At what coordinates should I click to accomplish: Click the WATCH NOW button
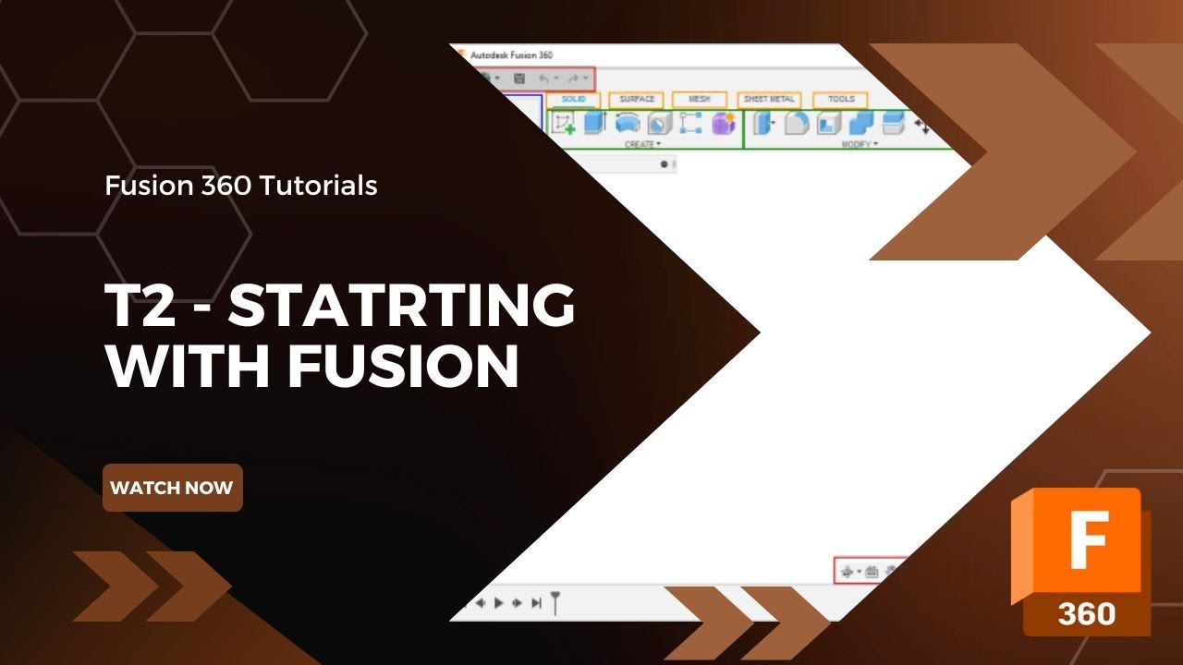coord(172,488)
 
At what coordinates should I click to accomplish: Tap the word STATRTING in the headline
coord(402,307)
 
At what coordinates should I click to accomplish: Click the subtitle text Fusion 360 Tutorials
coord(241,186)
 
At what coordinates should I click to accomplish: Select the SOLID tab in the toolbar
coord(573,100)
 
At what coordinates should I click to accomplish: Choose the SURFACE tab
coord(637,100)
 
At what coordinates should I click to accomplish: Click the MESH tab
coord(700,100)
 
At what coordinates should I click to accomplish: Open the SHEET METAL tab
coord(769,100)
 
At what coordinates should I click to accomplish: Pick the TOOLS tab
coord(841,100)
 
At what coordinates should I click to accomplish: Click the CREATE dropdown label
coord(642,145)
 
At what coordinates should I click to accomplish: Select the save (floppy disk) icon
coord(519,79)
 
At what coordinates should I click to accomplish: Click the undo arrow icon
coord(544,79)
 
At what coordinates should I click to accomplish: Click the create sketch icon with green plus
coord(563,123)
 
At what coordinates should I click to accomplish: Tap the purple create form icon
coord(722,123)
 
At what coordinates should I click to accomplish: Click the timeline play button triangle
coord(499,603)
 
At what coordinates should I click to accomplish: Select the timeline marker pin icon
coord(555,603)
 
